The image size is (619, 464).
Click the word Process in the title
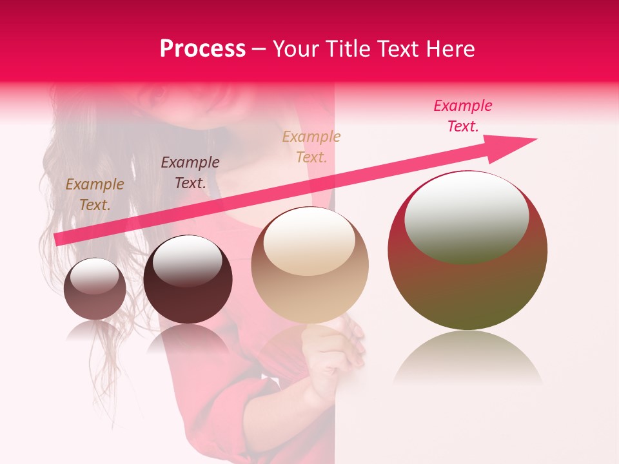202,49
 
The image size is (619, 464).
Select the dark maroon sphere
188,280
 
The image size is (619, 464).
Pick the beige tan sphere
309,265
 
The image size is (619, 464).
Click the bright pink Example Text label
463,116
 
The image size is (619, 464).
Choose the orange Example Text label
311,146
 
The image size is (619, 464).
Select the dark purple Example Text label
190,172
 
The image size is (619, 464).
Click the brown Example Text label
94,195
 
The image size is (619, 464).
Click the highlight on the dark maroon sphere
187,260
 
